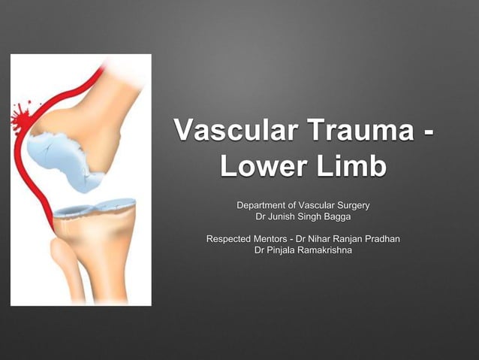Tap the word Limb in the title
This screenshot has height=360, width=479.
351,167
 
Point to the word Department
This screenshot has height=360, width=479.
265,205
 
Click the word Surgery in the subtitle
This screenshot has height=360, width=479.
351,205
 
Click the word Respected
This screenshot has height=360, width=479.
231,239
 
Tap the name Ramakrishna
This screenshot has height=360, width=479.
325,250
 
